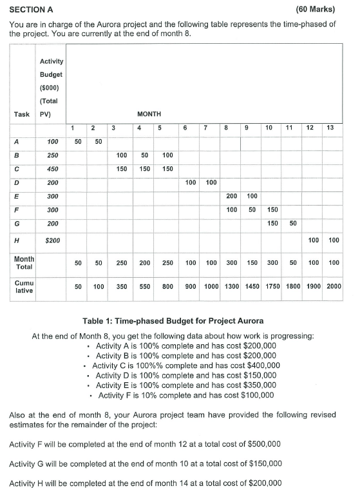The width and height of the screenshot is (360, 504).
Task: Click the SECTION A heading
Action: click(x=32, y=9)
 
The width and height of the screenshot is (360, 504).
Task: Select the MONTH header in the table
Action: click(x=149, y=113)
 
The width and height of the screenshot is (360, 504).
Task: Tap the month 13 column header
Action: click(x=330, y=128)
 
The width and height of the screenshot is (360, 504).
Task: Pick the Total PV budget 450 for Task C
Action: click(x=52, y=169)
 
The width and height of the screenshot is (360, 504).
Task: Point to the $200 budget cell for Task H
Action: click(x=52, y=240)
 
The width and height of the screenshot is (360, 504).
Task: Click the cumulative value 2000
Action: click(x=333, y=287)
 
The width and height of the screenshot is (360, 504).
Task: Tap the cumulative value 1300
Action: click(x=231, y=287)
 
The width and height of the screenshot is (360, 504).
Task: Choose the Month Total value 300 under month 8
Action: click(x=231, y=263)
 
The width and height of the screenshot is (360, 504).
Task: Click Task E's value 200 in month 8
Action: click(x=232, y=196)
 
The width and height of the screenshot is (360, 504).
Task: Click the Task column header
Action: click(x=22, y=113)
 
